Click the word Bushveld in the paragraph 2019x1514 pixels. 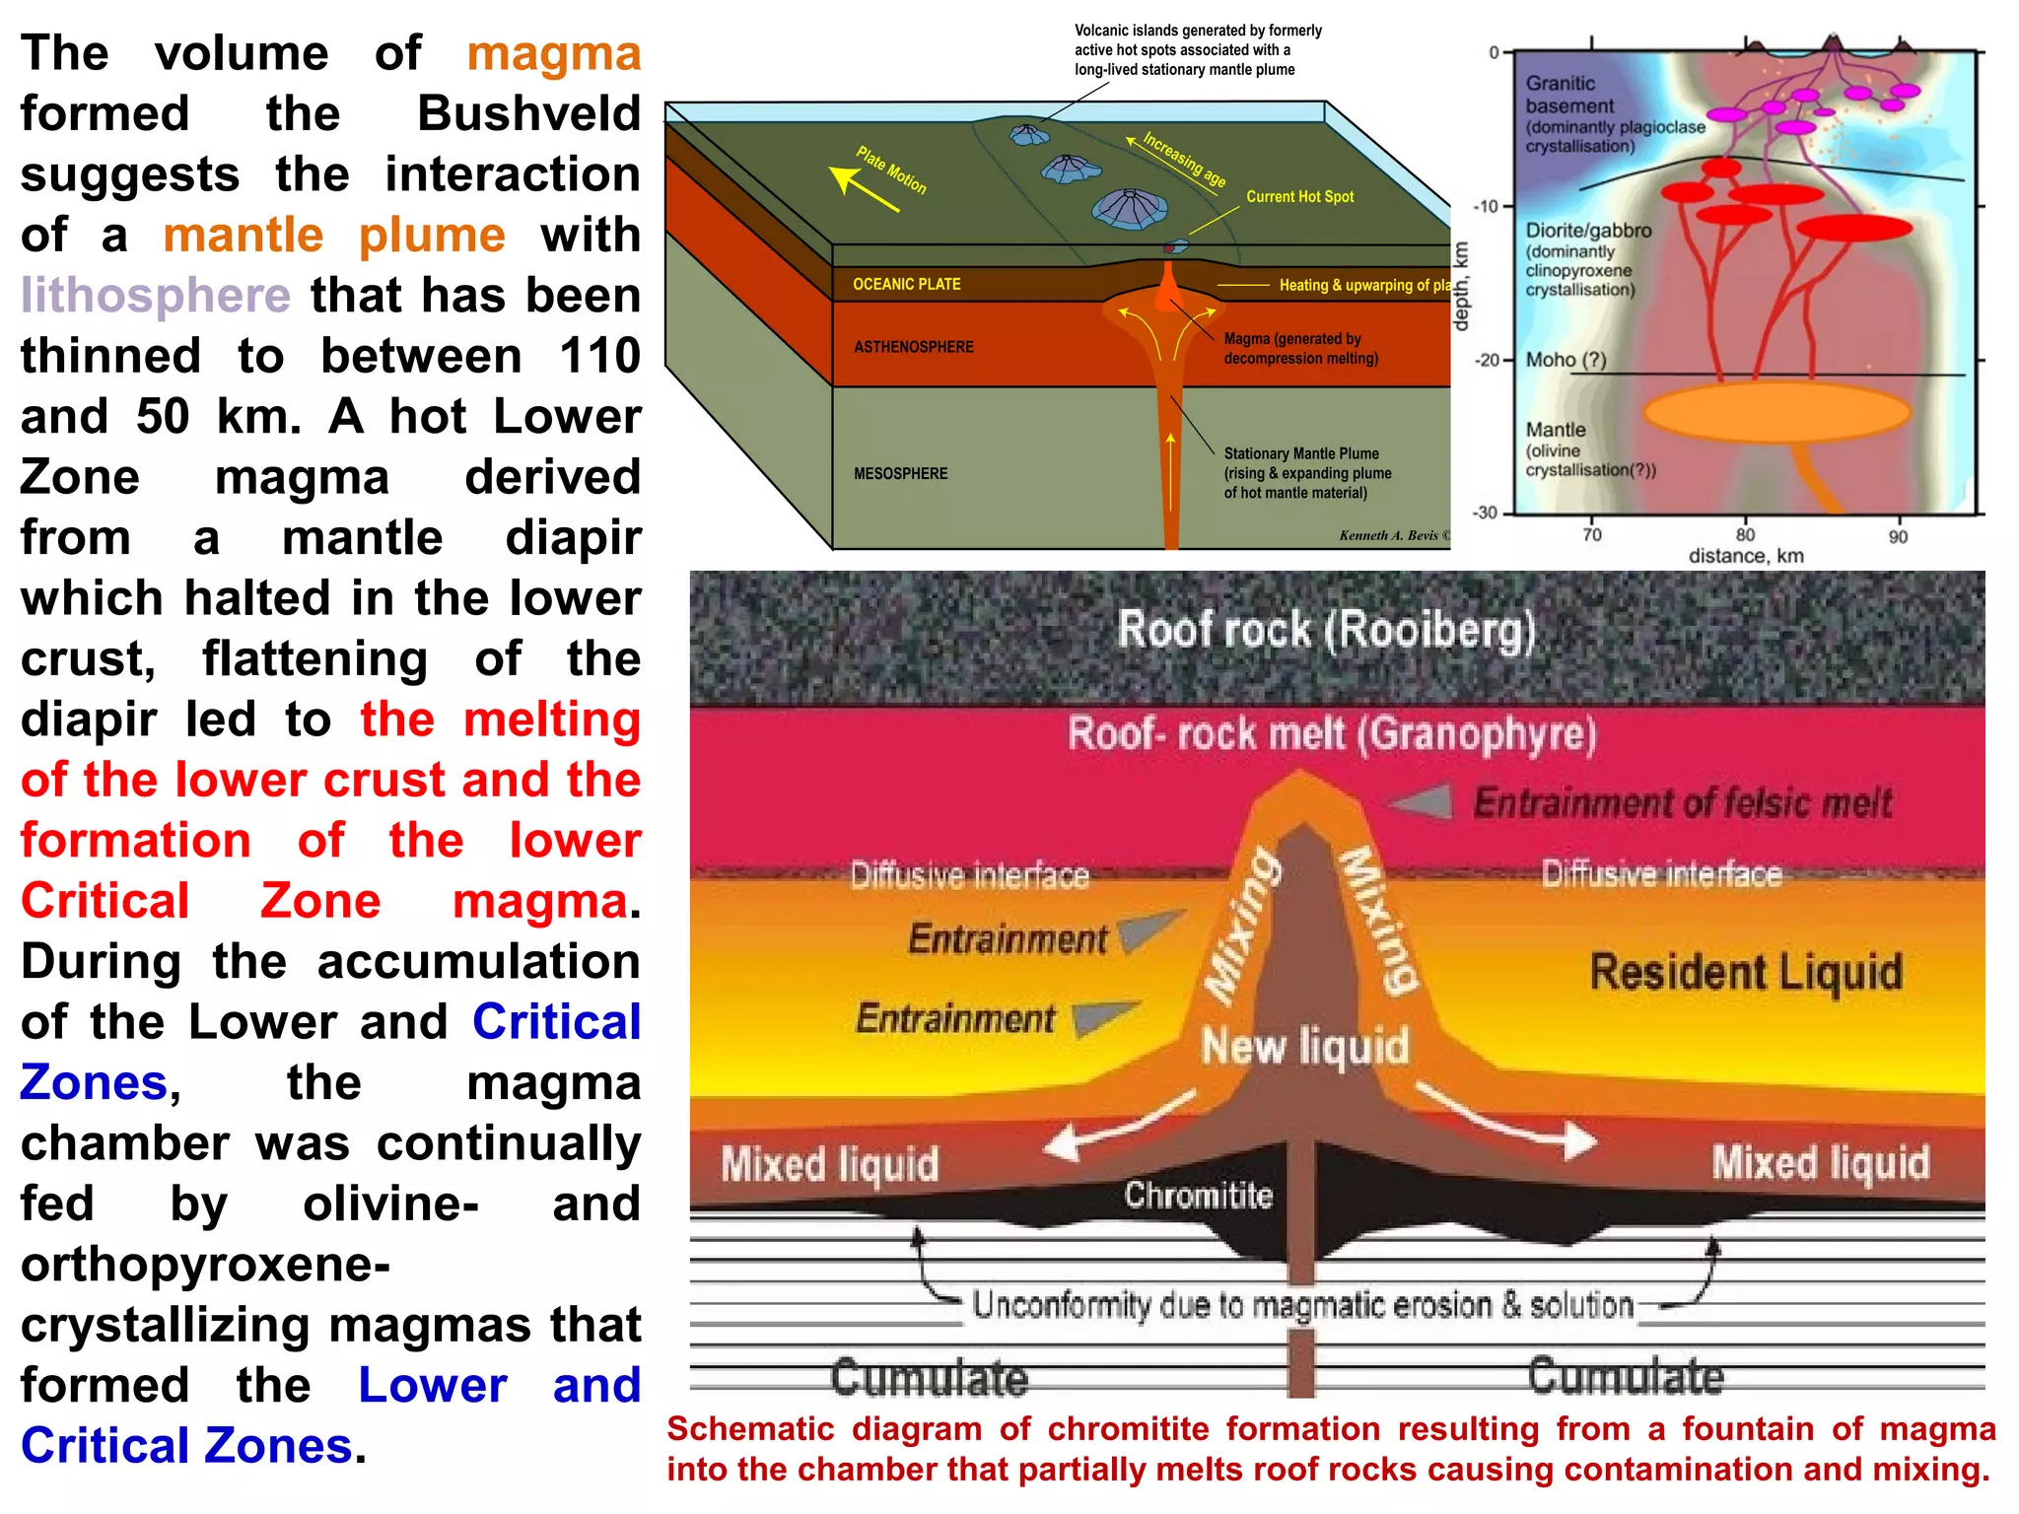point(528,113)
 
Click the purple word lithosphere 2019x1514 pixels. point(156,295)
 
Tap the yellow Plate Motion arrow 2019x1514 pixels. point(863,188)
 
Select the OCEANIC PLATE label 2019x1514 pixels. point(906,284)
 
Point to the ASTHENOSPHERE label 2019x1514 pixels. point(913,347)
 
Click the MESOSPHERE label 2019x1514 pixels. point(900,474)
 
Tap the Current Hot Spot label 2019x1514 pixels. point(1299,196)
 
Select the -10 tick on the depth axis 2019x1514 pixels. point(1485,206)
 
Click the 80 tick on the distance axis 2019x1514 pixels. point(1745,535)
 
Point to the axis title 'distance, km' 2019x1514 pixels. point(1746,556)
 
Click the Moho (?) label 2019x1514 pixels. point(1566,360)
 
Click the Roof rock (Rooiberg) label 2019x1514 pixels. point(1326,629)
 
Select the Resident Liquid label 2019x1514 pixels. point(1746,972)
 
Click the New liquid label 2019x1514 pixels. point(1304,1046)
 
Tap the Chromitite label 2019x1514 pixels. point(1198,1195)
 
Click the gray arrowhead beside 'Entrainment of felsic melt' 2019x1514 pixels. point(1423,802)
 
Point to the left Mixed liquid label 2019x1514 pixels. point(829,1164)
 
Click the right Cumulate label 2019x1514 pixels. point(1625,1375)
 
